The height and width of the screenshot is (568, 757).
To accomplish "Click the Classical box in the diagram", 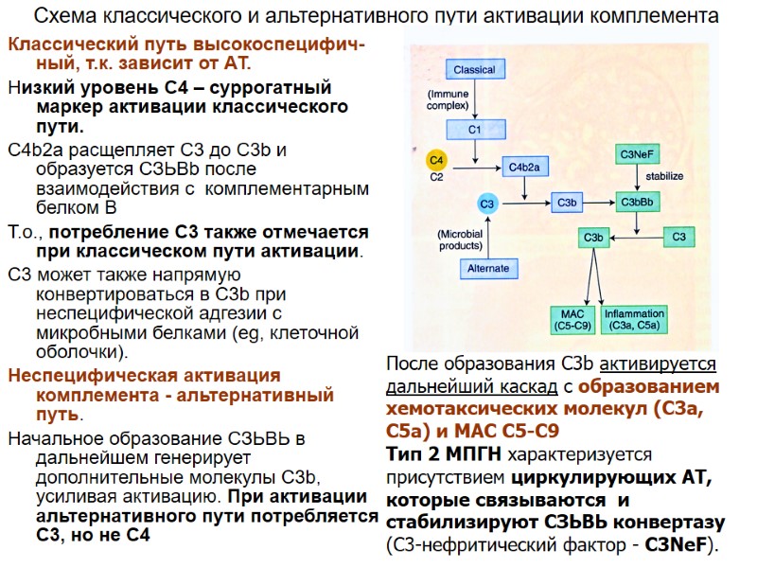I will coord(474,70).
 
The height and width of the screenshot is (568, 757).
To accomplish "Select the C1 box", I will coord(476,128).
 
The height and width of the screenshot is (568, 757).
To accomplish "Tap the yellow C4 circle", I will coord(436,158).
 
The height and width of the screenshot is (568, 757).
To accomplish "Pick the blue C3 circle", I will coord(487,204).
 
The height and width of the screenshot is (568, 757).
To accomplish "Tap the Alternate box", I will coord(488,269).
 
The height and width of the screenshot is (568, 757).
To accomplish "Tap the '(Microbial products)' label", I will coord(460,240).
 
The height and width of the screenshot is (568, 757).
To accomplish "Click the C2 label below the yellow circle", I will coord(436,177).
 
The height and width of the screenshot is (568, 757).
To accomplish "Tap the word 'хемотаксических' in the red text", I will coord(460,409).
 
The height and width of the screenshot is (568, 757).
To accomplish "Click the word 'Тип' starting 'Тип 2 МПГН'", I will coord(404,454).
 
